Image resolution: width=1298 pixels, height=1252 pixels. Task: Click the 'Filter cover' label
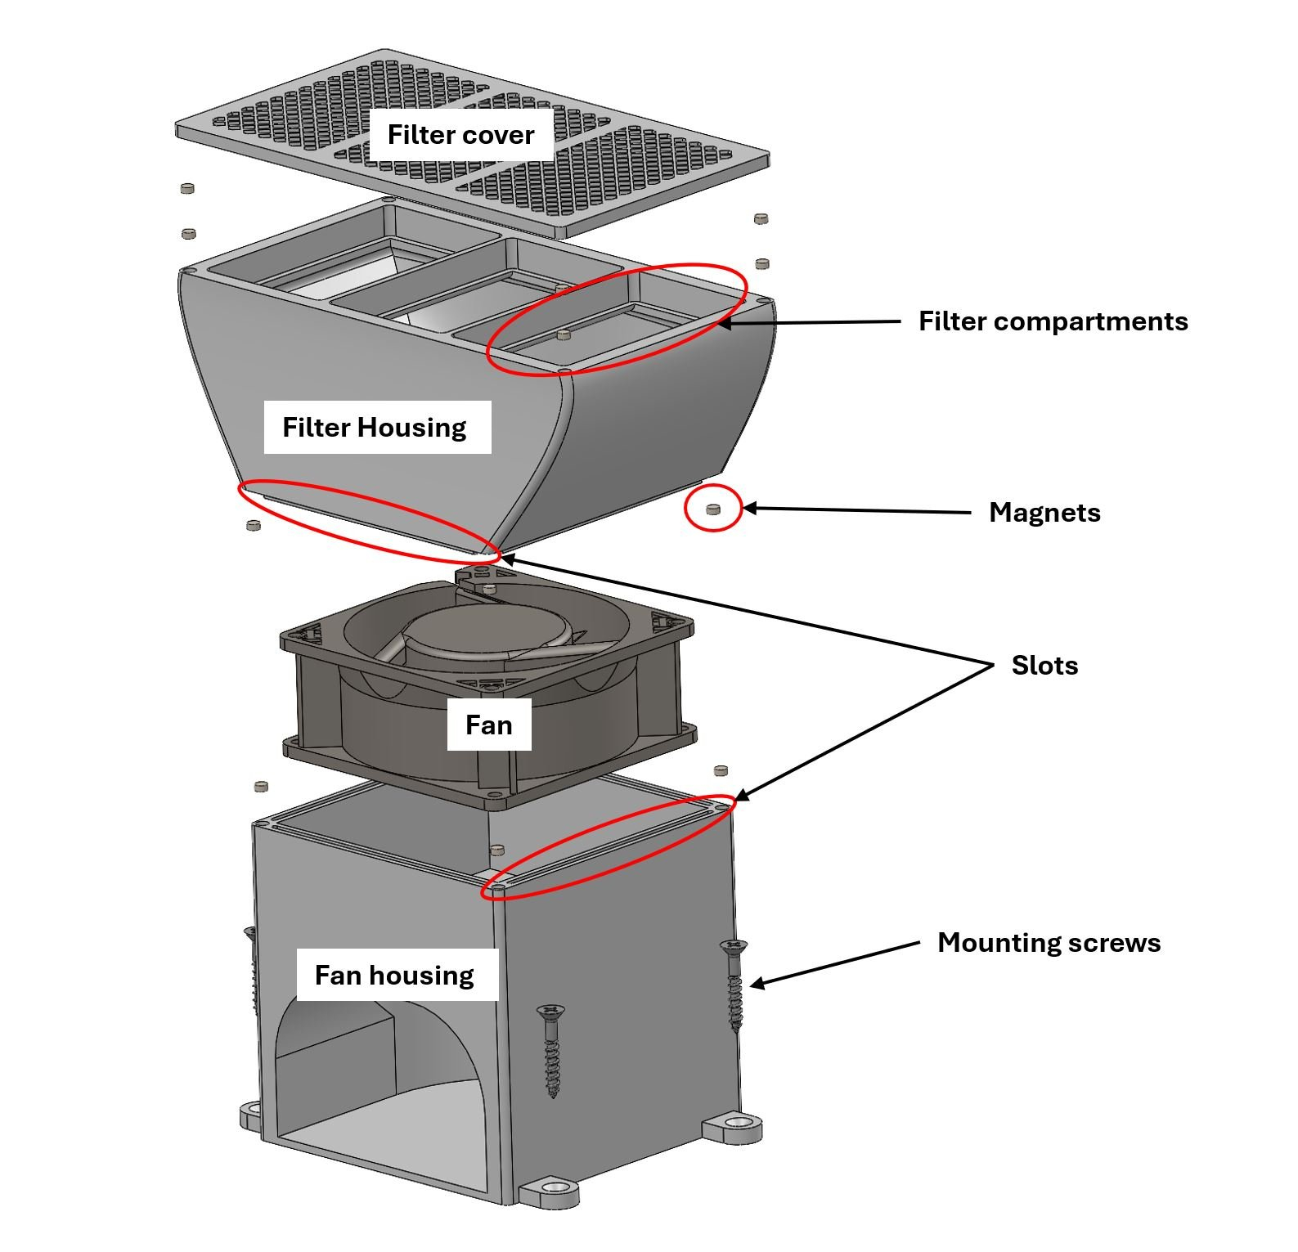(x=460, y=135)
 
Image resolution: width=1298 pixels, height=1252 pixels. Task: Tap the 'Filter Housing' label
(x=375, y=427)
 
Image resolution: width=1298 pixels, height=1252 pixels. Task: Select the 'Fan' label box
(x=488, y=725)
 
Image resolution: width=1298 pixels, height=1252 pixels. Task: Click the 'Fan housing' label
(x=394, y=975)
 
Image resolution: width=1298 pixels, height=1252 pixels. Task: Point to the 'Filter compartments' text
(x=1053, y=321)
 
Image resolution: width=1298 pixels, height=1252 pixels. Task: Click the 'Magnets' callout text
(x=1044, y=513)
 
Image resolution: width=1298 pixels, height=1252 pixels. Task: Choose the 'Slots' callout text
(x=1044, y=665)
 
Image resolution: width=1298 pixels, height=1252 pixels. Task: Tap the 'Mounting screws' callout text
(x=1049, y=943)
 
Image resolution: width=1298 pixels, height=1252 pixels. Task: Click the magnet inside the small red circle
(x=712, y=509)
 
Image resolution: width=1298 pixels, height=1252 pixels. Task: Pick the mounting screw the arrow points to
(x=734, y=985)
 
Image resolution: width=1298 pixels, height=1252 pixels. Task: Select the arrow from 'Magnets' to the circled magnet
(x=859, y=510)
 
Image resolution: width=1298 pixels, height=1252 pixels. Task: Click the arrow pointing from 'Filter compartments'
(x=810, y=323)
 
